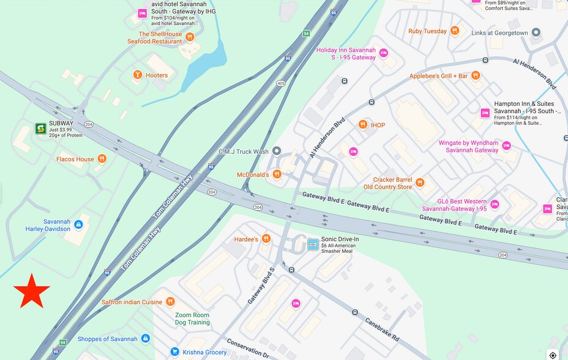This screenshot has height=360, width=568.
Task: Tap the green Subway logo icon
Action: pyautogui.click(x=40, y=129)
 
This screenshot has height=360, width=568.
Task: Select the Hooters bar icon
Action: pyautogui.click(x=138, y=75)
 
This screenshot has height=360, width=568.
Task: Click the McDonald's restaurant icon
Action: pyautogui.click(x=277, y=174)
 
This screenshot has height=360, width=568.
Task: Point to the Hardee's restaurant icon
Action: pyautogui.click(x=266, y=239)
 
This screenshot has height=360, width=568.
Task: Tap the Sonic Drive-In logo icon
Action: pyautogui.click(x=313, y=245)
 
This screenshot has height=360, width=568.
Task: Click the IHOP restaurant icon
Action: pyautogui.click(x=363, y=125)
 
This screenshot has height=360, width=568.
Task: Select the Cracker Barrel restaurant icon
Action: pyautogui.click(x=420, y=182)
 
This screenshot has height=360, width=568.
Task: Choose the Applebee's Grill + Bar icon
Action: pyautogui.click(x=476, y=76)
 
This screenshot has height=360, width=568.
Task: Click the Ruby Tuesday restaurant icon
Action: pyautogui.click(x=454, y=31)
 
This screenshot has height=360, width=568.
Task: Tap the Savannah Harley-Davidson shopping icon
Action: pyautogui.click(x=78, y=225)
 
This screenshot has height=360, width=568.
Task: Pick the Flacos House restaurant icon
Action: pyautogui.click(x=102, y=159)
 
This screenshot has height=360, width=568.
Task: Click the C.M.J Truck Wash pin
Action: pyautogui.click(x=276, y=151)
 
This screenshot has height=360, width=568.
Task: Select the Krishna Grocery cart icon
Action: pyautogui.click(x=174, y=352)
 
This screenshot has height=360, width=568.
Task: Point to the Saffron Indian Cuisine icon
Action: pyautogui.click(x=170, y=302)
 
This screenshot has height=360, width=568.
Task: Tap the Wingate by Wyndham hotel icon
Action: pyautogui.click(x=506, y=146)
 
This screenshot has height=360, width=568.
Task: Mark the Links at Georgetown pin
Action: pyautogui.click(x=536, y=32)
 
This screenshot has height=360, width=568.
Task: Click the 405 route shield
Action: pyautogui.click(x=281, y=83)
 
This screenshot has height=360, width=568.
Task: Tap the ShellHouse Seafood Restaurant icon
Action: pyautogui.click(x=190, y=37)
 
